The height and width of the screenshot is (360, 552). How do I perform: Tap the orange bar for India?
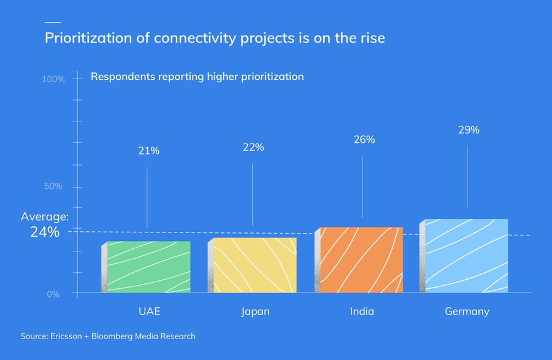point(361,260)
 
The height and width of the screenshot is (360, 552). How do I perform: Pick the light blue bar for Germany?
point(466,256)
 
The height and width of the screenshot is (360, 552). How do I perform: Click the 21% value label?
point(148,151)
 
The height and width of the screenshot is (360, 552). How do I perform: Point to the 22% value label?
point(253,147)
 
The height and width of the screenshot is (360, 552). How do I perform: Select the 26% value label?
point(364,140)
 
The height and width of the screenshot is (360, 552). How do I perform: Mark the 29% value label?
point(469,130)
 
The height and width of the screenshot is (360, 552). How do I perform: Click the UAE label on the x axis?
point(149,312)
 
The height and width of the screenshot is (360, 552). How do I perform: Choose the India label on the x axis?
point(362,312)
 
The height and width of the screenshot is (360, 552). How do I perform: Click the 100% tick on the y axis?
point(53,80)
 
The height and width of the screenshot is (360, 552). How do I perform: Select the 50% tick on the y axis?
point(53,186)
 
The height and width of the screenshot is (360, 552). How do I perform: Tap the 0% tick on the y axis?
point(53,294)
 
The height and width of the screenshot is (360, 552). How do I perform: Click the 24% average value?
point(45,232)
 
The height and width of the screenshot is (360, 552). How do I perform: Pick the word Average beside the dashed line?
point(44,216)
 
